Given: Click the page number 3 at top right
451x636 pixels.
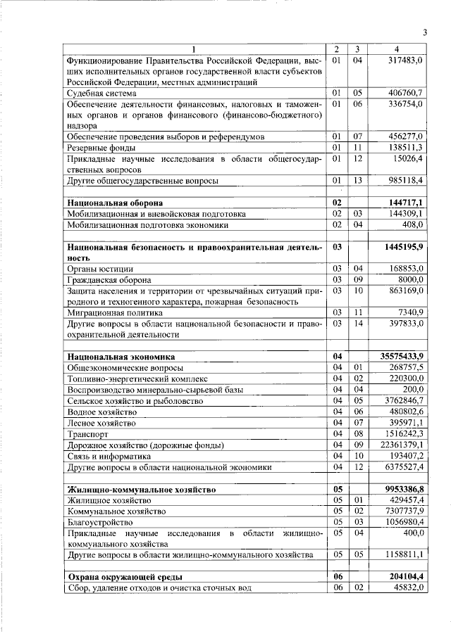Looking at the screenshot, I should [425, 32].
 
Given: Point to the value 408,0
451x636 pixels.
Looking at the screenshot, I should [411, 225].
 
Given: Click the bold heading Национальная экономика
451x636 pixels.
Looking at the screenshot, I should [121, 357].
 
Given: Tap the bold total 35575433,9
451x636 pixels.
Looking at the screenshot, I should [400, 357].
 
